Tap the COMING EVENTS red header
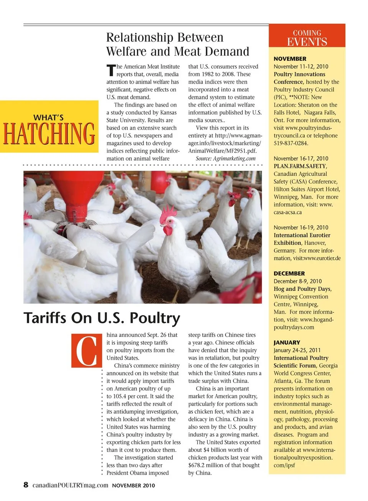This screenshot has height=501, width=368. tap(307, 38)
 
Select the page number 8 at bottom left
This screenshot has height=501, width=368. tap(26, 485)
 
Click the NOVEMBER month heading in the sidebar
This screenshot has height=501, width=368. tap(290, 59)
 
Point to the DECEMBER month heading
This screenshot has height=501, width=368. tap(289, 274)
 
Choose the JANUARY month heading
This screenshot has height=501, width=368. tap(287, 343)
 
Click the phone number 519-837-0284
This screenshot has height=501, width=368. tap(291, 143)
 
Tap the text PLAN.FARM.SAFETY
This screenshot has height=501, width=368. tap(300, 166)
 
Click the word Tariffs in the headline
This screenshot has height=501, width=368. tap(48, 318)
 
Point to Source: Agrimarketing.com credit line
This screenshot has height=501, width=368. tap(225, 158)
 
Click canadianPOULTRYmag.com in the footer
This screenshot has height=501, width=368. tap(70, 485)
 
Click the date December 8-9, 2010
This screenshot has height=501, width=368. tap(297, 281)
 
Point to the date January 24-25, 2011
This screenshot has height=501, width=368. tap(297, 350)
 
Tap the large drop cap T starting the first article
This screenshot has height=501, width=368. tap(111, 70)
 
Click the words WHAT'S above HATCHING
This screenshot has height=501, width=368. tap(48, 117)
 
